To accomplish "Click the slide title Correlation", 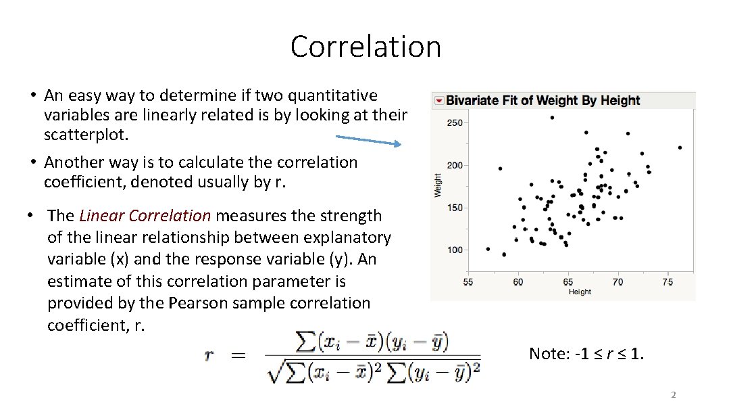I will click(365, 47).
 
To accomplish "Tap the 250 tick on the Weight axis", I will click(455, 123).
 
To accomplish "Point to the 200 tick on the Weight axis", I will click(455, 166).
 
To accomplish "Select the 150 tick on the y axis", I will click(455, 208).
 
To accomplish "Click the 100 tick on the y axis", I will click(455, 250).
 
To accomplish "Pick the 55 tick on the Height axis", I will click(468, 282).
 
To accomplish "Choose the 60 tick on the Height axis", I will click(518, 282).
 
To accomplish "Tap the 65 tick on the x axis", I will click(568, 282).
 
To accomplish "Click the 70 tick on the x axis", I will click(617, 282).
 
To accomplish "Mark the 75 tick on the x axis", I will click(667, 282).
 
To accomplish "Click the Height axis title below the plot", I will click(580, 292).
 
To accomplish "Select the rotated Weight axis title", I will click(438, 185).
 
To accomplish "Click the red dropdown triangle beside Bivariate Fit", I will click(439, 101).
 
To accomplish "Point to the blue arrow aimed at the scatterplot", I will click(368, 141).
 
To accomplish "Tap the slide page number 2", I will click(673, 395).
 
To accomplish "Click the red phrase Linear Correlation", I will click(145, 216).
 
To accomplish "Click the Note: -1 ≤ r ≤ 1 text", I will click(586, 353).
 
